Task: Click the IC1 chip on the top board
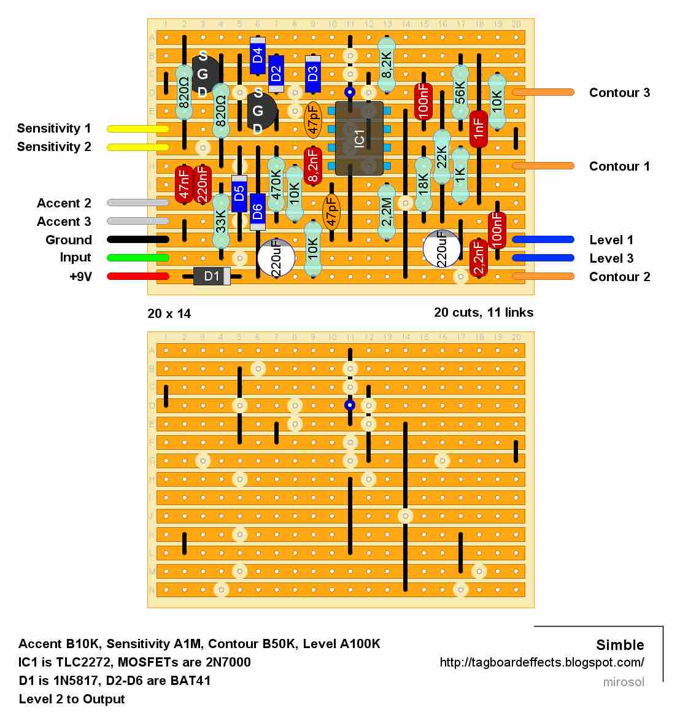point(359,138)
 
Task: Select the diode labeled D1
point(212,276)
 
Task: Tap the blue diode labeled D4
point(258,56)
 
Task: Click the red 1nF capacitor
point(479,128)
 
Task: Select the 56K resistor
point(460,92)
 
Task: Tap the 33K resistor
point(221,221)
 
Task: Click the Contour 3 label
point(619,93)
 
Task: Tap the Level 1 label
point(611,240)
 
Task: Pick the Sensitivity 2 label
point(54,147)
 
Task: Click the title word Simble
point(620,645)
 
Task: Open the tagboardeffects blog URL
point(542,662)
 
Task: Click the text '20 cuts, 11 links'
point(484,312)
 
